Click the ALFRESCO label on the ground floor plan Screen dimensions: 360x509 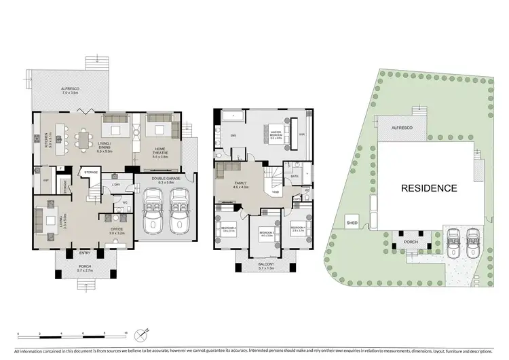click(71, 89)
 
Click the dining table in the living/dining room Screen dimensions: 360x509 click(84, 141)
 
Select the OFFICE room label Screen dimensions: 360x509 click(117, 231)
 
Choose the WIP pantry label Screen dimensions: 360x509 click(46, 181)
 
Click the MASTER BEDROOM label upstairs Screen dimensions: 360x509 click(275, 133)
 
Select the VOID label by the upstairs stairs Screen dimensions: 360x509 click(276, 192)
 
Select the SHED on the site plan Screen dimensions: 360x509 click(352, 222)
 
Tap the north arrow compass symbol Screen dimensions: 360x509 click(141, 334)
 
